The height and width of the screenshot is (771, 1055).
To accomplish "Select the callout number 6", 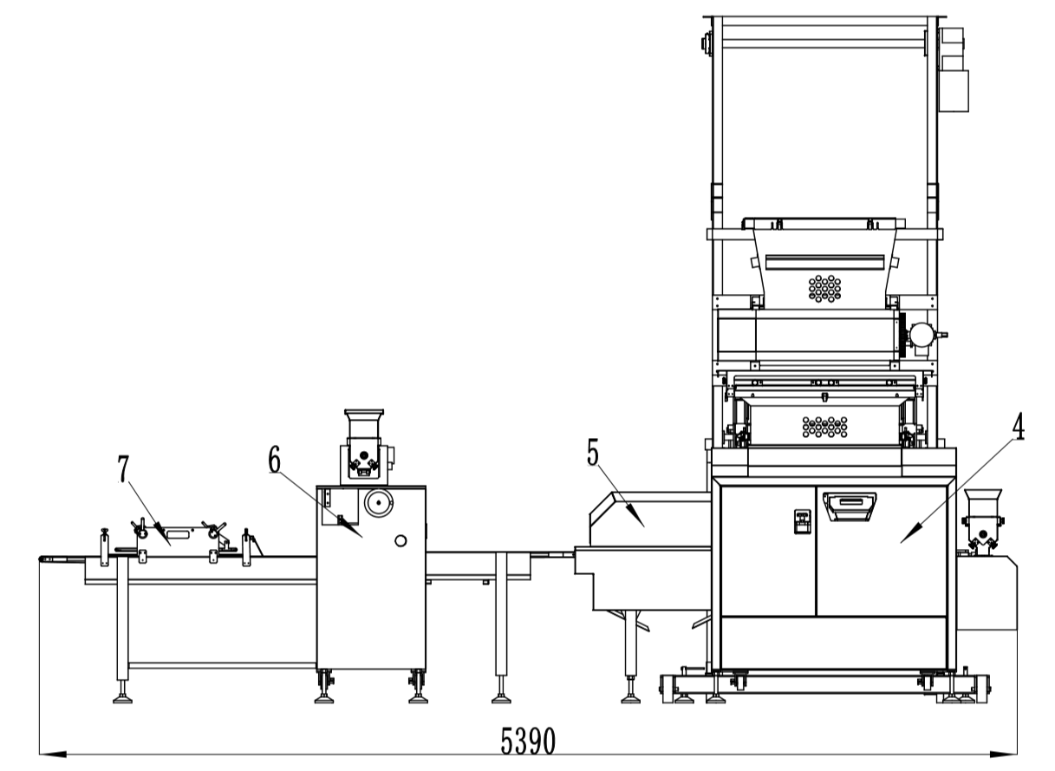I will [274, 461].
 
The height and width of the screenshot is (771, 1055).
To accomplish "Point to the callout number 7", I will [123, 469].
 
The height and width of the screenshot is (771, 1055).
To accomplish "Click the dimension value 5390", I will [528, 742].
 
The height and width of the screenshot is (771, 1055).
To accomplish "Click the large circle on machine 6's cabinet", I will [378, 502].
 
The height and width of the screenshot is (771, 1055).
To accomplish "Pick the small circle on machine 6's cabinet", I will [400, 541].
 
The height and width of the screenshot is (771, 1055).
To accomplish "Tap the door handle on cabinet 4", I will [850, 502].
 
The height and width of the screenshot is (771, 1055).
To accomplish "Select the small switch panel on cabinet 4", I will [802, 520].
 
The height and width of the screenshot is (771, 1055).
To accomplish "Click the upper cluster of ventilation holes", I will [824, 287].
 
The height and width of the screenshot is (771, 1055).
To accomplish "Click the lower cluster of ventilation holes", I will [824, 426].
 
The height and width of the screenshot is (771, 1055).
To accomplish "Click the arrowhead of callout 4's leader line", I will [904, 540].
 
